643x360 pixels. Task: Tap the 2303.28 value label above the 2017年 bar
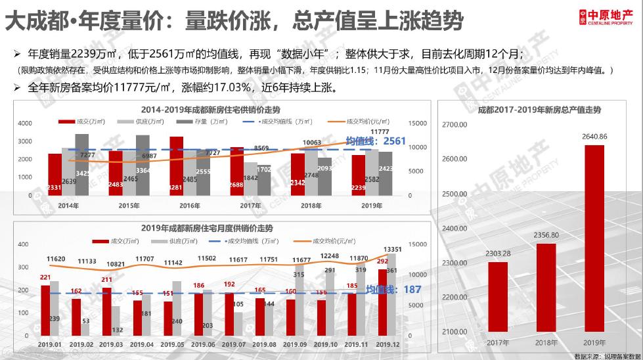tap(497, 254)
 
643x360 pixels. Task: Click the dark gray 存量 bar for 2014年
tap(81, 164)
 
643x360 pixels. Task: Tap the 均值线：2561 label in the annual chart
tap(375, 141)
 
